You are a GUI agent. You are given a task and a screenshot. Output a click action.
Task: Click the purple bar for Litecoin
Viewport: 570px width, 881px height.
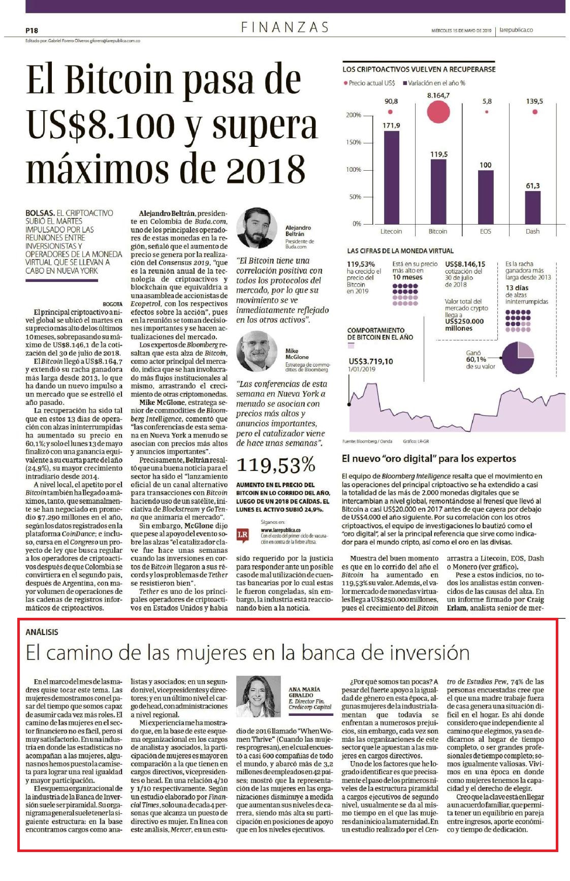click(391, 177)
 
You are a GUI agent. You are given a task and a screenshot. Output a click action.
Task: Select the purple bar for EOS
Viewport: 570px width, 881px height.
click(486, 197)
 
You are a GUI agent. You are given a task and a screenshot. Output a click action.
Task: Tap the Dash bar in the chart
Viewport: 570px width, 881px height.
click(533, 207)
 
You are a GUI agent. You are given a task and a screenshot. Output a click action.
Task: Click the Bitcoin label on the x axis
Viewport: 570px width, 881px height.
click(438, 231)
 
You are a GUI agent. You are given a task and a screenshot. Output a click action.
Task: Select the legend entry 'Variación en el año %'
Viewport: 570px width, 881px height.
click(434, 83)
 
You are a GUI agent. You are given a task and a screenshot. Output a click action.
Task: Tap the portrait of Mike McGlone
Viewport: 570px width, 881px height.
click(257, 351)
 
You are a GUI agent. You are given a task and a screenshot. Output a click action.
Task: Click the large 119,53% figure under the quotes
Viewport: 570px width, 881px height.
click(276, 464)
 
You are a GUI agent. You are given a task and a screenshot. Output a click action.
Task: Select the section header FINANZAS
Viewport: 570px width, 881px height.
click(285, 27)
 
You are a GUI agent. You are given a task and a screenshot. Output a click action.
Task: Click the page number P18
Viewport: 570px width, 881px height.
click(31, 30)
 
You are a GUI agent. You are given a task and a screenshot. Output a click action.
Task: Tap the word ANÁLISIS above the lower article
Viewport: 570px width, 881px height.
click(42, 632)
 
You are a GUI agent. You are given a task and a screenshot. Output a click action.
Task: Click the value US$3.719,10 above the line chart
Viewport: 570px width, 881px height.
click(371, 361)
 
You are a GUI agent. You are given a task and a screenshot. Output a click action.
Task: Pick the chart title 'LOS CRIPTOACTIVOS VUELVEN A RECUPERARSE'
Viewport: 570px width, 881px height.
click(419, 69)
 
